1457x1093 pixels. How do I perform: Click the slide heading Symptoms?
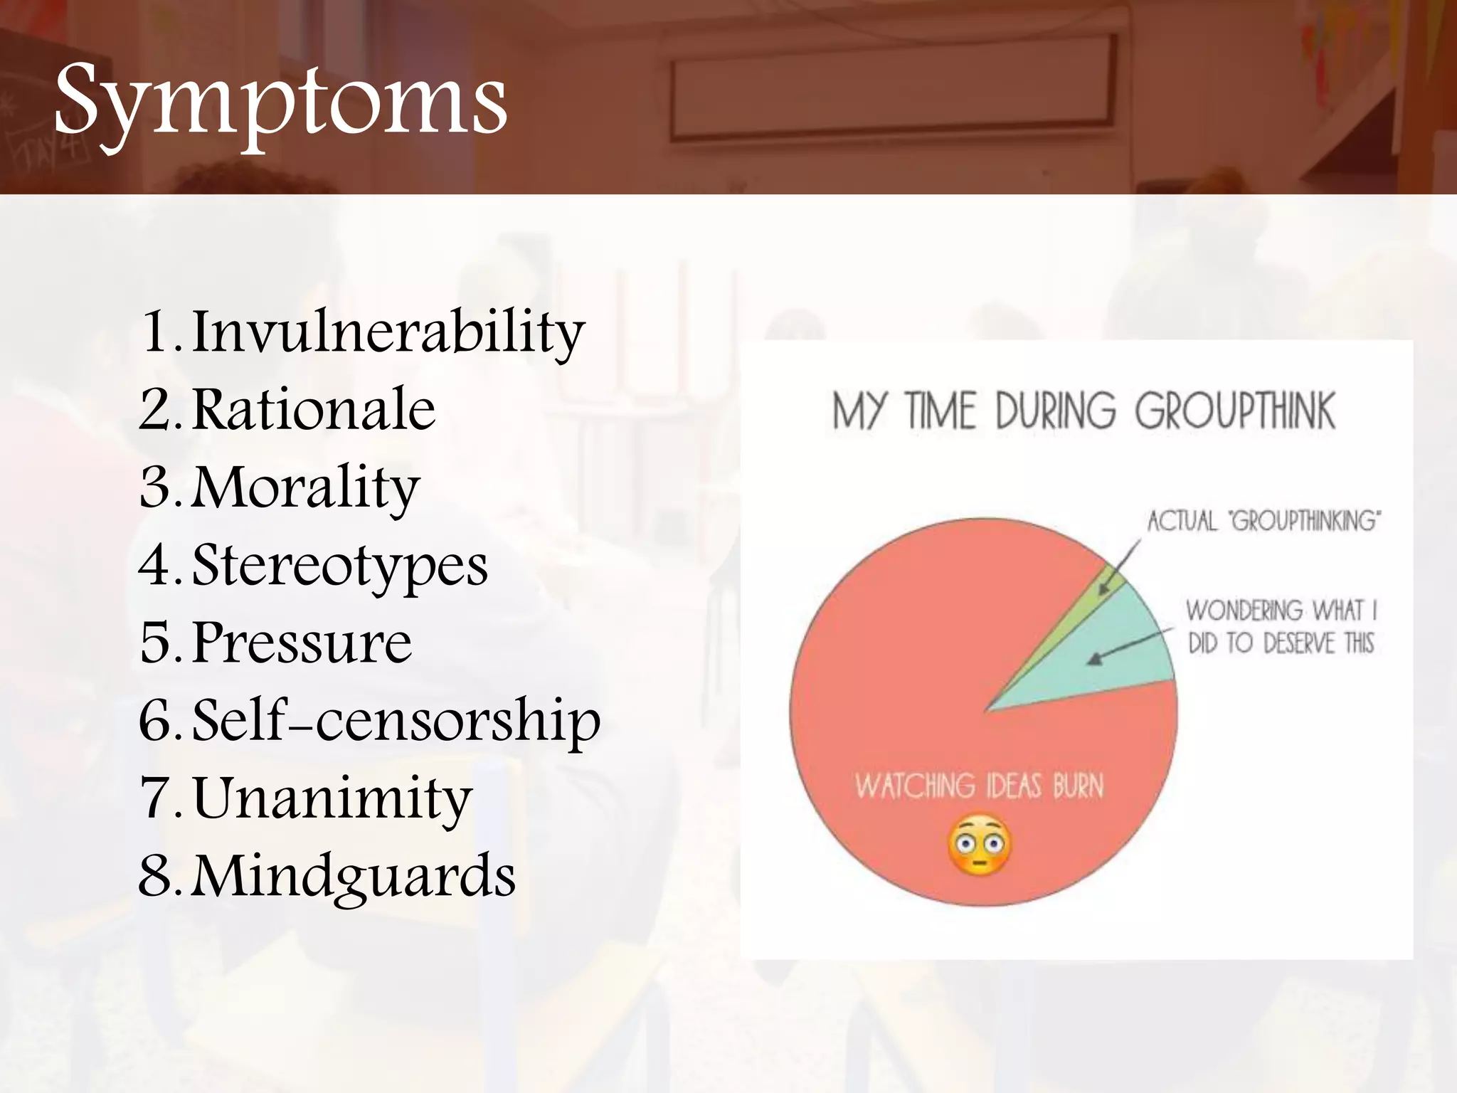click(x=280, y=100)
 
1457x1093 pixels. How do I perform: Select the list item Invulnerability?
click(x=388, y=332)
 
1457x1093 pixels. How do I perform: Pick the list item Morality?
click(x=306, y=488)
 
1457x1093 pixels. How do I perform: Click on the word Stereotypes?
click(x=340, y=566)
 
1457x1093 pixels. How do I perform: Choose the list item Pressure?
click(x=302, y=643)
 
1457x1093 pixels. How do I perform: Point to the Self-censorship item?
click(x=396, y=720)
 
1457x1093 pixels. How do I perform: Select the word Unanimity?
click(x=332, y=798)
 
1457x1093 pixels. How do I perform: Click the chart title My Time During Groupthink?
click(x=1084, y=411)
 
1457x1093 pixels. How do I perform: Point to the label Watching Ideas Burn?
click(x=979, y=786)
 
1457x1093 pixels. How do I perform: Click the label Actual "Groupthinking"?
click(x=1263, y=522)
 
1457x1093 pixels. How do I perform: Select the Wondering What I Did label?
click(x=1281, y=627)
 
